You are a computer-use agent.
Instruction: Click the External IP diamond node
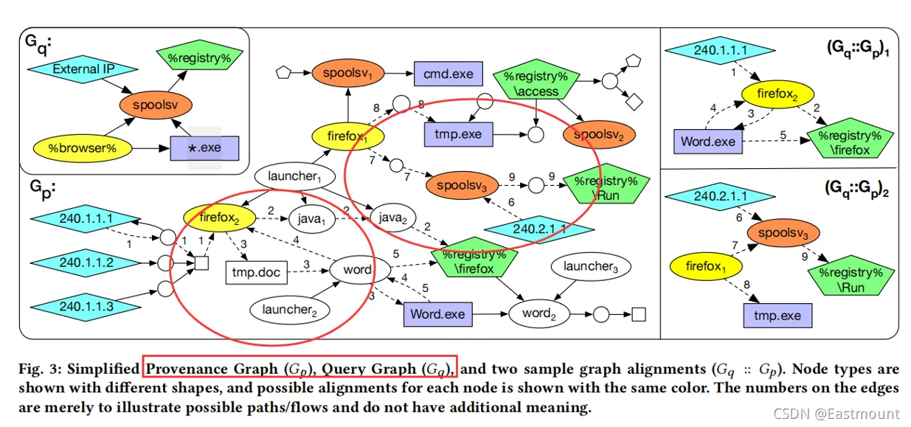(x=83, y=69)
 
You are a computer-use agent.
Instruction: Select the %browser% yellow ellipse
(x=84, y=147)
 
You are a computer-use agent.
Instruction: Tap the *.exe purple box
(x=205, y=147)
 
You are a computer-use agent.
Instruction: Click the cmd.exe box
(x=448, y=74)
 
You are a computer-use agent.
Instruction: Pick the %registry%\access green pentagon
(x=531, y=83)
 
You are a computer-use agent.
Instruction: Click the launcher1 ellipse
(x=294, y=177)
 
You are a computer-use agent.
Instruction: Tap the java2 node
(x=393, y=218)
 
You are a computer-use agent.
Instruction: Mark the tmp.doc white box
(x=256, y=273)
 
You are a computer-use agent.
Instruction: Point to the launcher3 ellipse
(x=590, y=267)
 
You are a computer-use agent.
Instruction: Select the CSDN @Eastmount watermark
(x=836, y=414)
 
